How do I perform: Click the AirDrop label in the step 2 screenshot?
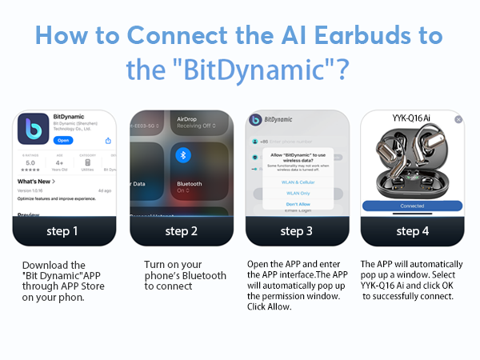187,118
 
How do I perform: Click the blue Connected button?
412,206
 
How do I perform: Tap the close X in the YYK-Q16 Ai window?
458,119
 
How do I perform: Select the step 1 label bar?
63,232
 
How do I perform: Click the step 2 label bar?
181,232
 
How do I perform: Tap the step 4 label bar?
412,232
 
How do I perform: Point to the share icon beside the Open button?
107,141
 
